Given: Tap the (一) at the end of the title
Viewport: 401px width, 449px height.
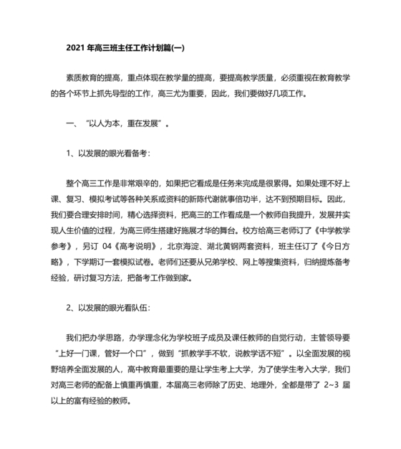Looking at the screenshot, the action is point(176,48).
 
